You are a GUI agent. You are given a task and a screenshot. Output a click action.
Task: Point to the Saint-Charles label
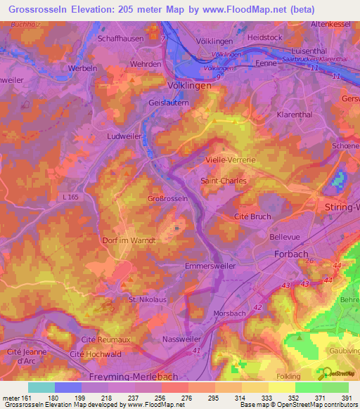pyautogui.click(x=224, y=181)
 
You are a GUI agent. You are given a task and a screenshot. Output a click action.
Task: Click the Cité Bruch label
pyautogui.click(x=251, y=217)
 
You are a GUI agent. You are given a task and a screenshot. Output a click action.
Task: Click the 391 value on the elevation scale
pyautogui.click(x=347, y=398)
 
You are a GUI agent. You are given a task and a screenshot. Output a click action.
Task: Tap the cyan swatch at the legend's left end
pyautogui.click(x=41, y=387)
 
